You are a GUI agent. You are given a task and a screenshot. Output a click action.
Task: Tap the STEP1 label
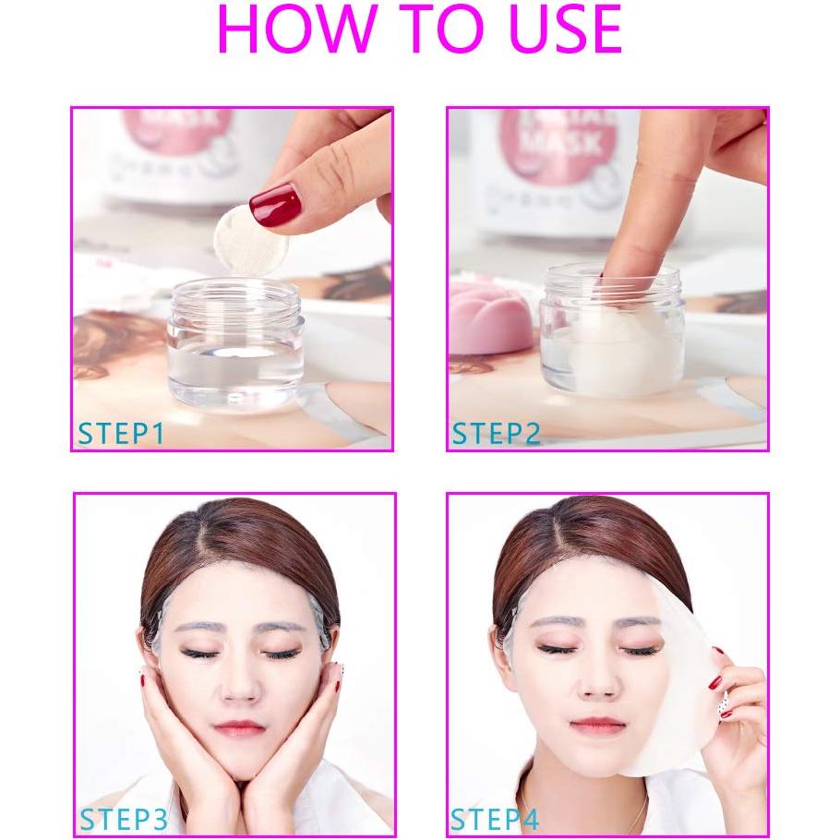point(121,433)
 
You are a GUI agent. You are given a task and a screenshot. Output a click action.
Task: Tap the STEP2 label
point(496,433)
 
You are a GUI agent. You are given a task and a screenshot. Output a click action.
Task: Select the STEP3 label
point(123,819)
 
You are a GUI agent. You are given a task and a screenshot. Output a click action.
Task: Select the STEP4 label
point(495,819)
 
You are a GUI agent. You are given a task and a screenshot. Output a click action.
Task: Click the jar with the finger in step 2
point(612,332)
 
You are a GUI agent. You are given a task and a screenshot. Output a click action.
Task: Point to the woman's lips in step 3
point(239,727)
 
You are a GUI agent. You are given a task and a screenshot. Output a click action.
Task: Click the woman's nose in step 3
point(240,688)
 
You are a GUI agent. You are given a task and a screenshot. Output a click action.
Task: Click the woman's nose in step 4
point(596,686)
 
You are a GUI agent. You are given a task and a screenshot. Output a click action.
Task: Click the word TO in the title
point(419,30)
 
